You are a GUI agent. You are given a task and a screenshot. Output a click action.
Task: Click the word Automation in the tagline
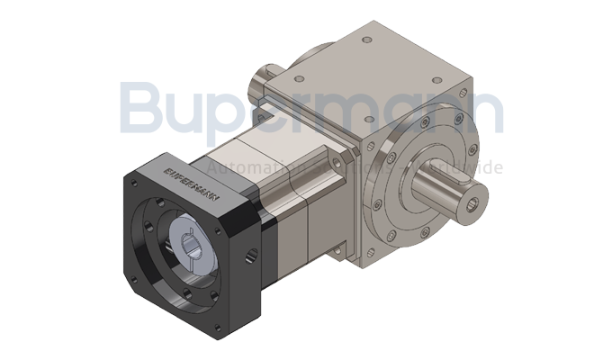(236, 168)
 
